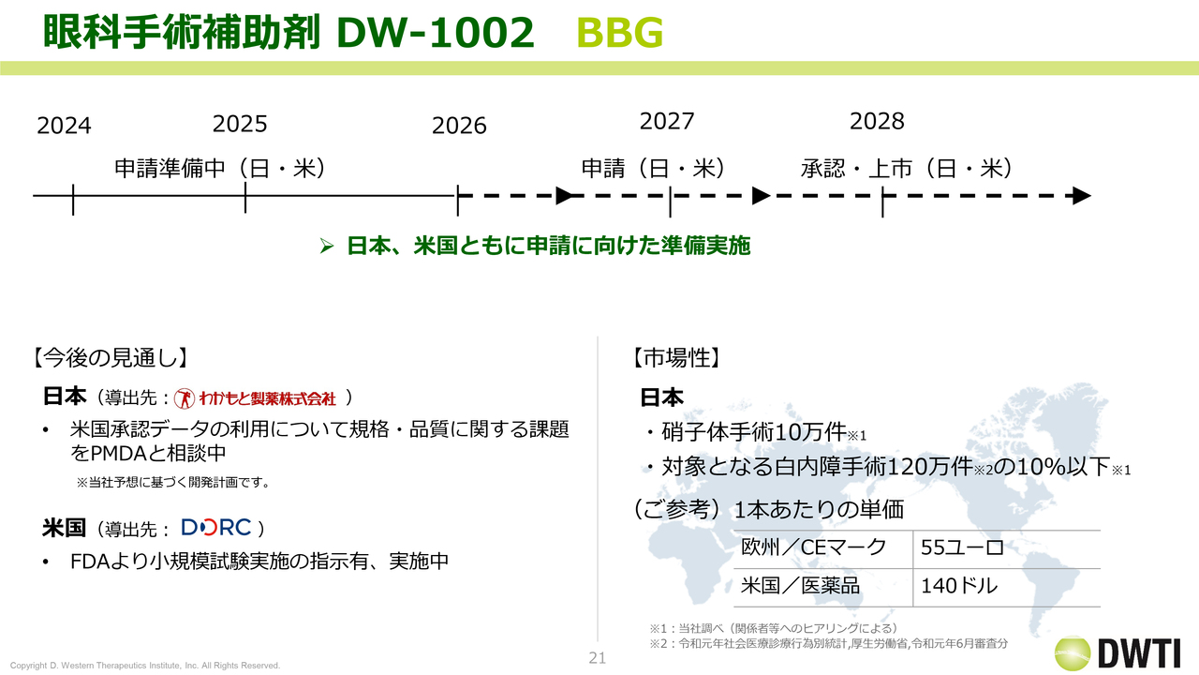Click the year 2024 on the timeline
(64, 126)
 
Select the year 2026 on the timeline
(459, 126)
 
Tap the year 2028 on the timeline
(877, 121)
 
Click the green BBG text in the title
(620, 33)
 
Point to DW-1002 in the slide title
(436, 33)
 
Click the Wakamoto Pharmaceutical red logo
(255, 398)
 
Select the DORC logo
(216, 528)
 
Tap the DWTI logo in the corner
(1118, 653)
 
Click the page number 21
(598, 658)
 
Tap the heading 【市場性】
(676, 358)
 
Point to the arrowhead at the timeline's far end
(1082, 196)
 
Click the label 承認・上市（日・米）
(906, 168)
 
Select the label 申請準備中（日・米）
(220, 168)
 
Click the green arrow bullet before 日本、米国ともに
(327, 246)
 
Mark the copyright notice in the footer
(145, 666)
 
